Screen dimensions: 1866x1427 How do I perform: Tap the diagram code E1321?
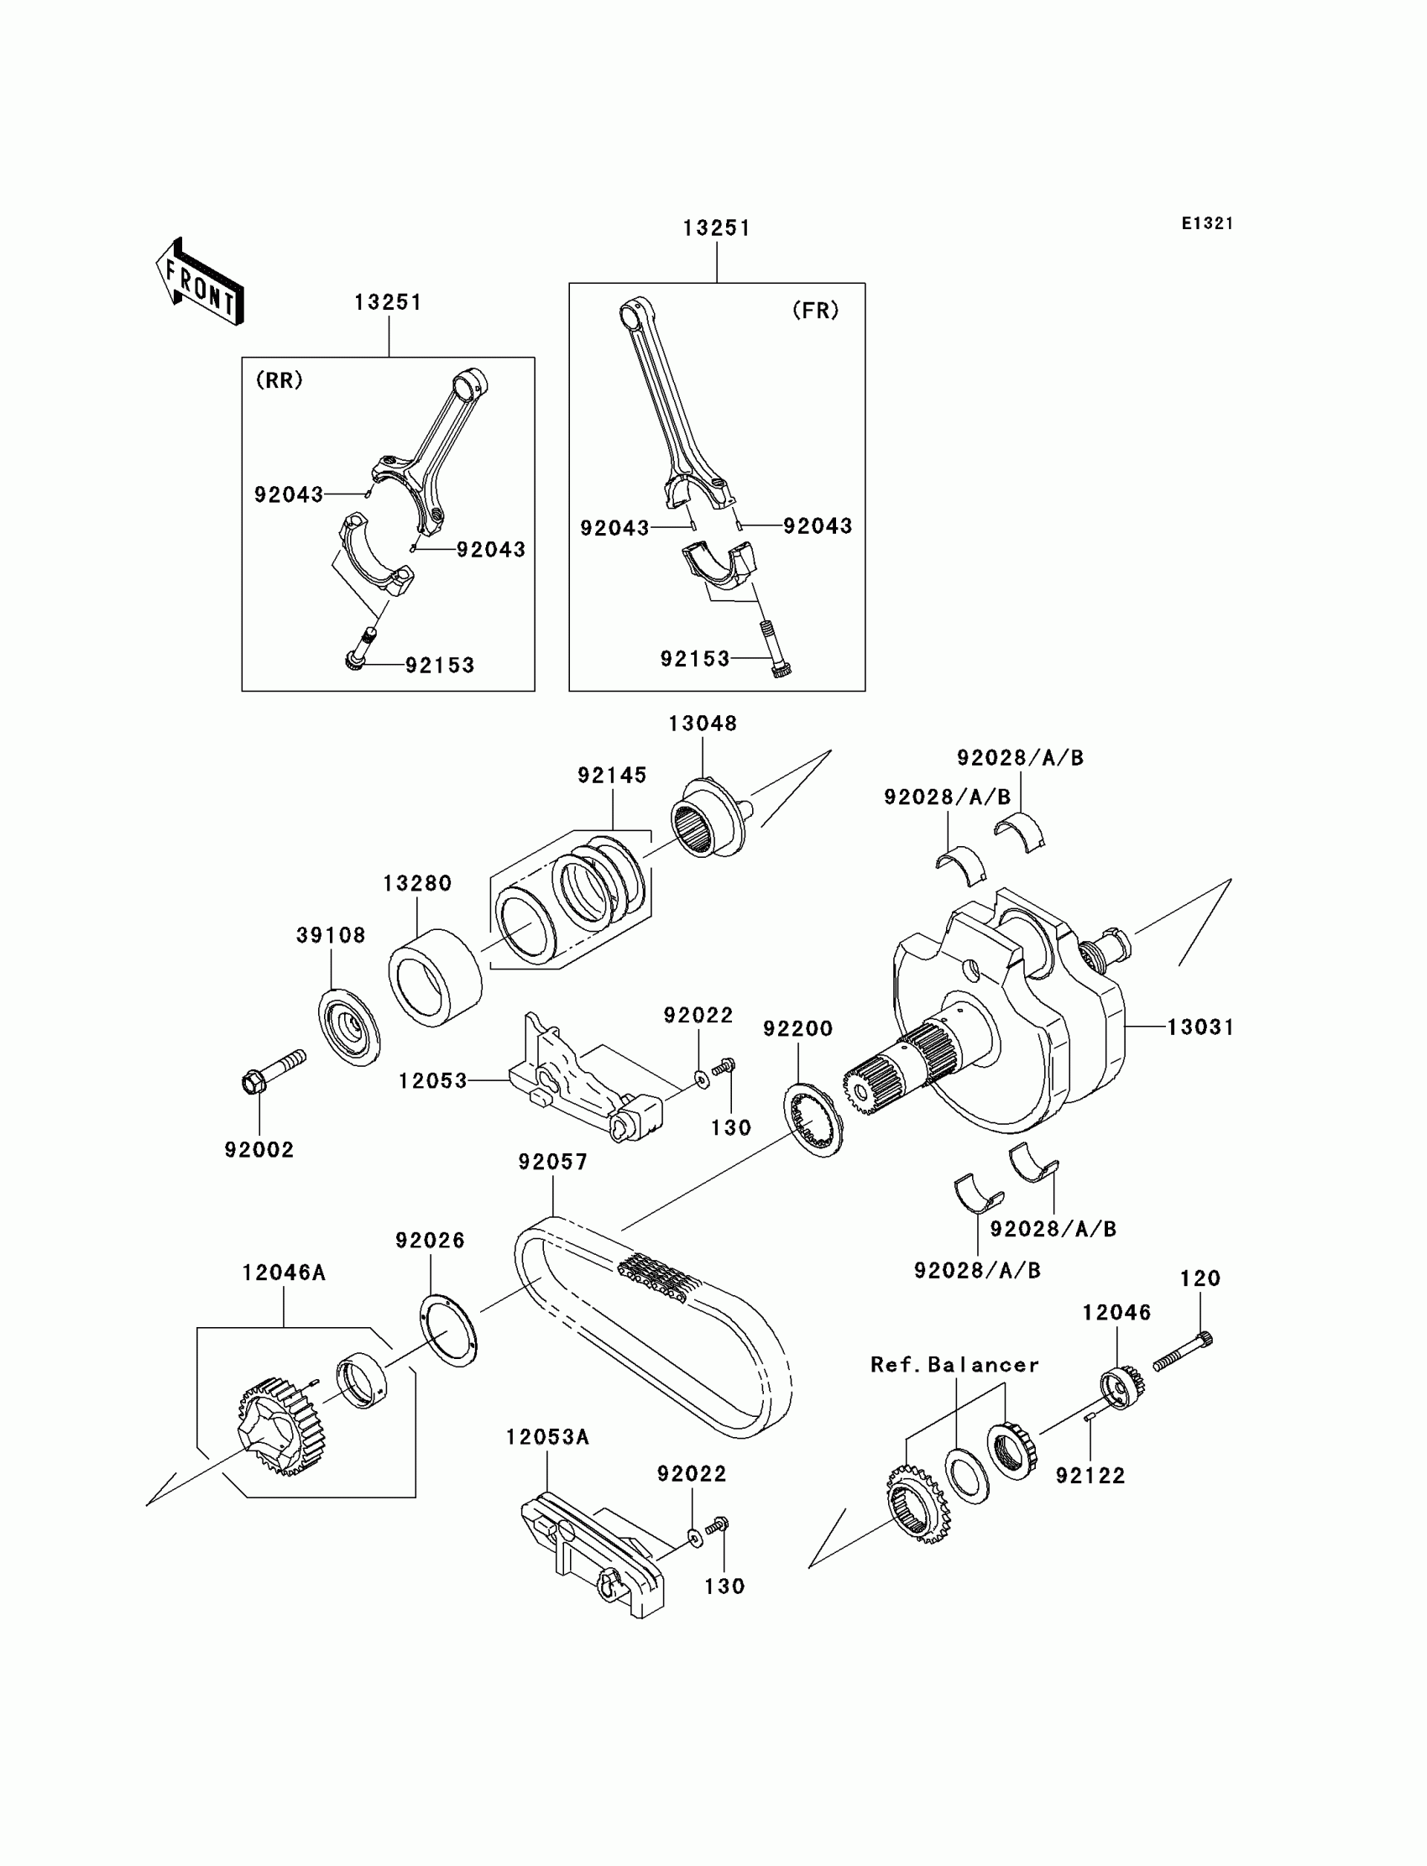1206,223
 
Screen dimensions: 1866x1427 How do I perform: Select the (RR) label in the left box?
280,380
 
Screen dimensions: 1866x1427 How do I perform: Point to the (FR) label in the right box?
815,311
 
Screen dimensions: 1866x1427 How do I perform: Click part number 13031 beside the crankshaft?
1200,1027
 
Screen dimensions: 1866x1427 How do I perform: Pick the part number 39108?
331,935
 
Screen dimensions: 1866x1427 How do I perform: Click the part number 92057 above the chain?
553,1162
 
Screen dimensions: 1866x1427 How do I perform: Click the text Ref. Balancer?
954,1365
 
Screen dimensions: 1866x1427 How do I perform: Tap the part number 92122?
1090,1477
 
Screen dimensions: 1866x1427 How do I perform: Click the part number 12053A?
547,1437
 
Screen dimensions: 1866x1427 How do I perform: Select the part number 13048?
703,724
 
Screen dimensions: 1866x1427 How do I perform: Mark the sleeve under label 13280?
435,978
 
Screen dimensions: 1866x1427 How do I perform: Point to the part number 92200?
797,1028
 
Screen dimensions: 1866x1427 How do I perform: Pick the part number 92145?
612,776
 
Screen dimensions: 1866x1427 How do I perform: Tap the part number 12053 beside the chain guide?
433,1081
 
